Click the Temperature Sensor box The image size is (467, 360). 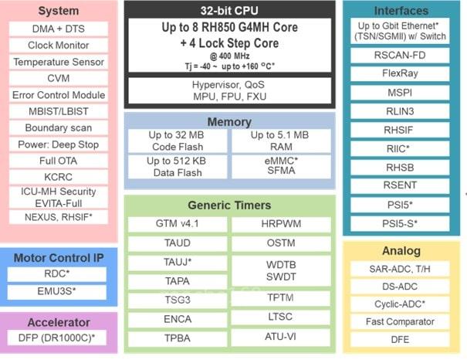click(x=59, y=62)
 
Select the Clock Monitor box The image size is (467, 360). click(x=59, y=45)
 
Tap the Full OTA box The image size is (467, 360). click(x=59, y=161)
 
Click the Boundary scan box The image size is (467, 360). click(x=59, y=128)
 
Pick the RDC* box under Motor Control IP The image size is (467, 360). click(x=59, y=274)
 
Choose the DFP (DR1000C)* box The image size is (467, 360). click(x=59, y=338)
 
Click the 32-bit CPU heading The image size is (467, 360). click(x=230, y=11)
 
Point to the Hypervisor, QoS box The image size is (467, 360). click(x=230, y=90)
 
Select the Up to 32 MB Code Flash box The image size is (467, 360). click(x=177, y=141)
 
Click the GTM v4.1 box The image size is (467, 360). click(x=177, y=224)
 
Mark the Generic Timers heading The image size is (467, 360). click(x=230, y=205)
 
